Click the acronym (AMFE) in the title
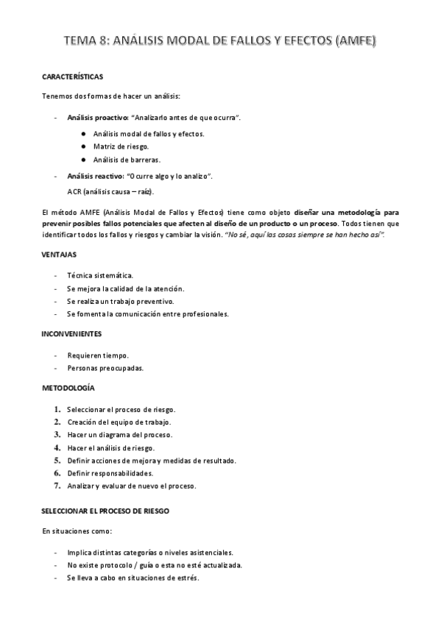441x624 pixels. (x=355, y=42)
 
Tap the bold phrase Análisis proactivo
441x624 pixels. (x=97, y=118)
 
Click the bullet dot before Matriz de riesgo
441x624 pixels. (x=85, y=146)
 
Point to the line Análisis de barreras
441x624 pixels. (x=127, y=160)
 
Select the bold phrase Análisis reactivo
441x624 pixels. (x=95, y=176)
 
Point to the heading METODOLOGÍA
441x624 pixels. (x=68, y=388)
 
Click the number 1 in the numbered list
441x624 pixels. (x=57, y=408)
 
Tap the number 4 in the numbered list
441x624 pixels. (x=57, y=447)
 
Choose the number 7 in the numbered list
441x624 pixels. (x=57, y=486)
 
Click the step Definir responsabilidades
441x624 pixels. (x=110, y=473)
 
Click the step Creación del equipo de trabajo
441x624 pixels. (x=119, y=422)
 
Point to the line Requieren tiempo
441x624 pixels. (x=97, y=355)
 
